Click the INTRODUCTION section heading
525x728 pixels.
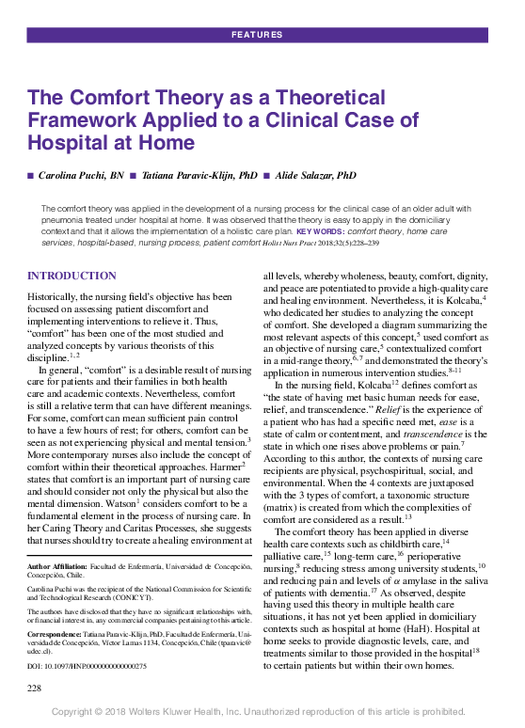pos(72,276)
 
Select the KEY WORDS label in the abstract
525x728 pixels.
pos(320,230)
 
